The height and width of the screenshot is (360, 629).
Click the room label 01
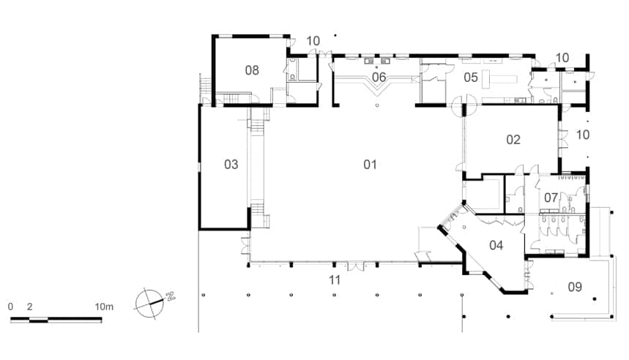point(370,165)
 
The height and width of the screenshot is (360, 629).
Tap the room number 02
point(513,140)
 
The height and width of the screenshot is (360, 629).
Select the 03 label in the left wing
point(231,165)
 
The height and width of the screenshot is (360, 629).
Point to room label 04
point(496,245)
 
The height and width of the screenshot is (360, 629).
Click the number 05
point(471,77)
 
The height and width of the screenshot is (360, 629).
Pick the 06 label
point(379,77)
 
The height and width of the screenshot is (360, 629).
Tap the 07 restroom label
point(551,198)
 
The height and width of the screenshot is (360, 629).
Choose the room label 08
point(252,70)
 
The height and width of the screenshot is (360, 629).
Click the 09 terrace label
point(575,287)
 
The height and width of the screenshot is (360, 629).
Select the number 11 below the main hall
point(335,280)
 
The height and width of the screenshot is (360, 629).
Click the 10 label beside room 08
point(313,41)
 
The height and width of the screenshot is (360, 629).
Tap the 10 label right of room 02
point(583,135)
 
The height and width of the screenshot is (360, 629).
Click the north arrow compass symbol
point(150,303)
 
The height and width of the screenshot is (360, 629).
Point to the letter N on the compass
point(171,296)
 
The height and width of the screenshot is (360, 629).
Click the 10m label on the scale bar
point(104,307)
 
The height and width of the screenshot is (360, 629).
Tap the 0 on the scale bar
point(10,307)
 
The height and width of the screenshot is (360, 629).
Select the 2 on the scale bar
point(30,307)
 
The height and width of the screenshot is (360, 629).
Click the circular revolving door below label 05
point(464,105)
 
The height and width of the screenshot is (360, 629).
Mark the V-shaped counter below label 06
point(377,86)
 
